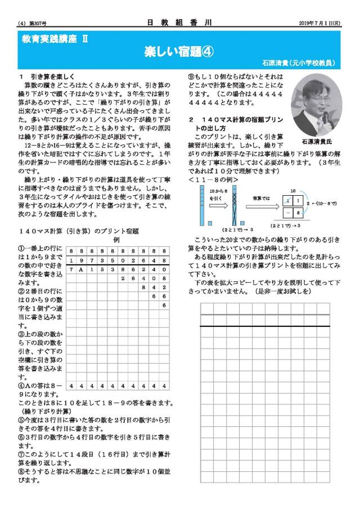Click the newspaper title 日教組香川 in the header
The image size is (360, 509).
click(x=179, y=23)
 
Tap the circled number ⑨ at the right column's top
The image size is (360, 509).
click(x=191, y=75)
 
